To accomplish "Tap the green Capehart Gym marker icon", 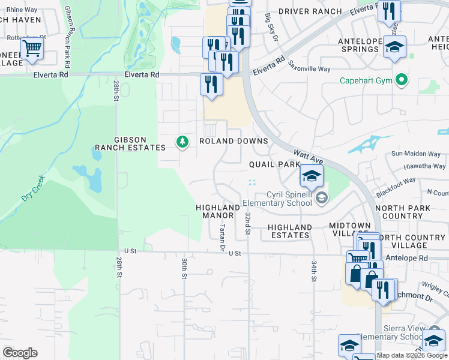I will point(402,80).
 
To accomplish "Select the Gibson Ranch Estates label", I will point(131,144).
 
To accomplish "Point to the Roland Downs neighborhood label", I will point(233,141).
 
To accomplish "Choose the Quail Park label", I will point(274,164).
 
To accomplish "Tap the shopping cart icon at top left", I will point(32,47).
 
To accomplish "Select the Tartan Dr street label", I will point(222,238).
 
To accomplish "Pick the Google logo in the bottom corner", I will point(20,352).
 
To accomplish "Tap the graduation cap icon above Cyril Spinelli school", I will point(312,175).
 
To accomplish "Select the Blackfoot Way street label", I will point(396,185).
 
